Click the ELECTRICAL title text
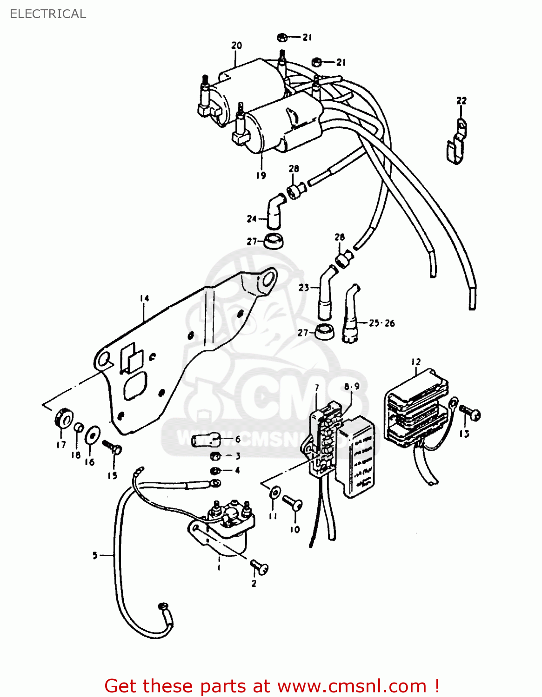[48, 14]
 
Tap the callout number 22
[461, 100]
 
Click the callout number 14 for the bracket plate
[144, 298]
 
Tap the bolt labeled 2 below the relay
[260, 566]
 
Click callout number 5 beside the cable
[95, 555]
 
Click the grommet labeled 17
[63, 419]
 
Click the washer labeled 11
[275, 492]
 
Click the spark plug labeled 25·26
[351, 314]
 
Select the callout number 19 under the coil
[261, 175]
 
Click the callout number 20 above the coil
[236, 46]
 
